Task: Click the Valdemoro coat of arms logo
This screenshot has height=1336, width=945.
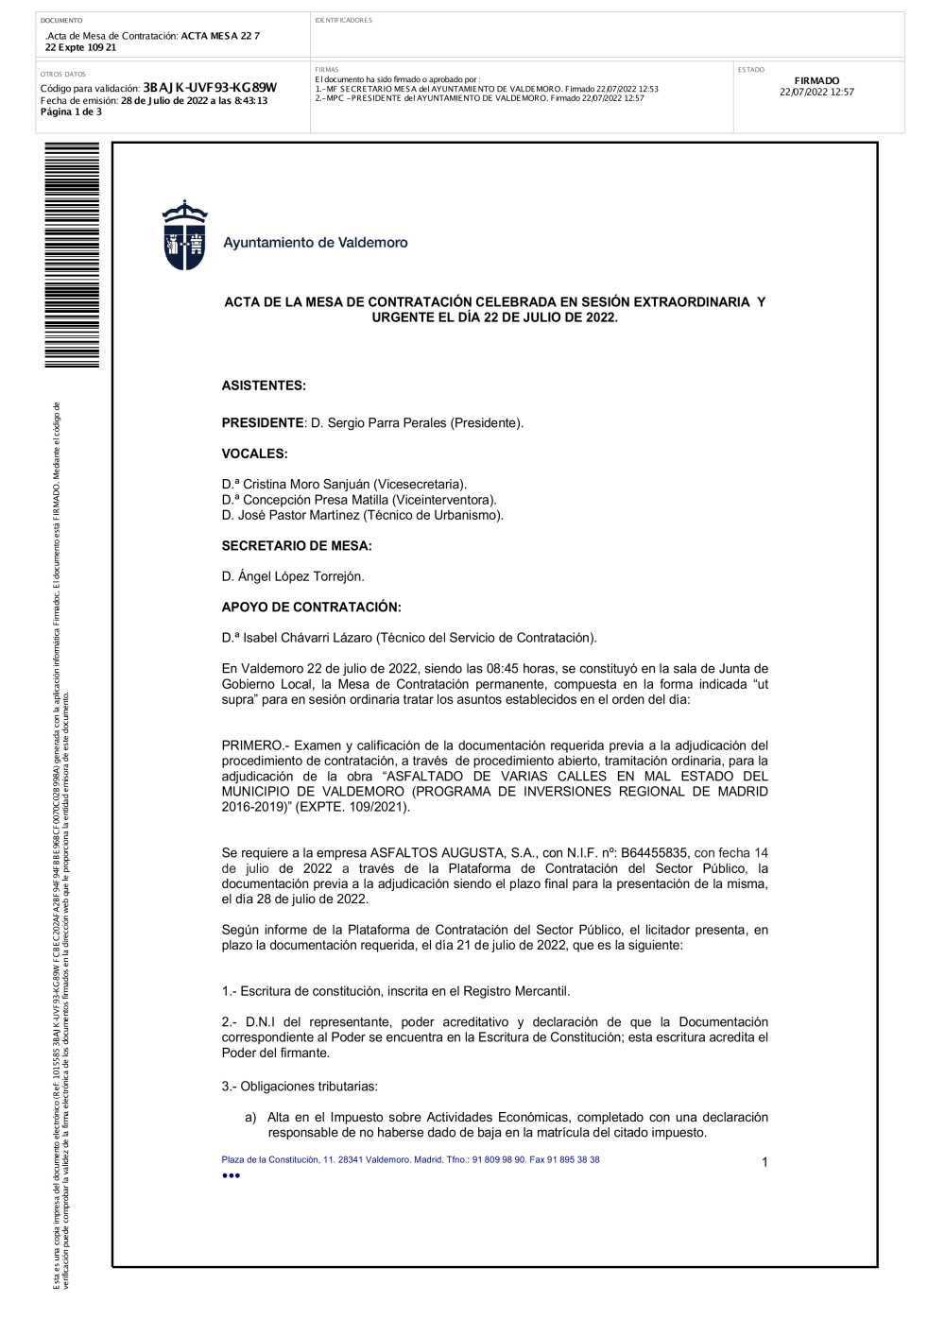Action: [184, 235]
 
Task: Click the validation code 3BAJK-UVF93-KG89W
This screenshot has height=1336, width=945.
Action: [209, 88]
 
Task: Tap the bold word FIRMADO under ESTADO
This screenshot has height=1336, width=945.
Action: [816, 81]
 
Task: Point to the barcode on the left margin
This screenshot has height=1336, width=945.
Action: [72, 255]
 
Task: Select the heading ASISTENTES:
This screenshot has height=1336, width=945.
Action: [264, 385]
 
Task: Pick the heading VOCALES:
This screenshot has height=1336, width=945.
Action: [254, 454]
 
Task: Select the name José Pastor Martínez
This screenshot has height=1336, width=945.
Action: [299, 516]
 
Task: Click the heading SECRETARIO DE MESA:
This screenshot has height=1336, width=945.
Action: [297, 546]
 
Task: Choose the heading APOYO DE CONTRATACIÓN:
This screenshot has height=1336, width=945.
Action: [311, 608]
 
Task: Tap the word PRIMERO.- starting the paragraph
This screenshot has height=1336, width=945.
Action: [255, 745]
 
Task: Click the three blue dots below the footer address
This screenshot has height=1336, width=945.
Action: [231, 1175]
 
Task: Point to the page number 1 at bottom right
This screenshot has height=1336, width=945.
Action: [765, 1162]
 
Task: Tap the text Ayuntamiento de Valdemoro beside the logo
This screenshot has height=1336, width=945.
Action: [315, 243]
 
